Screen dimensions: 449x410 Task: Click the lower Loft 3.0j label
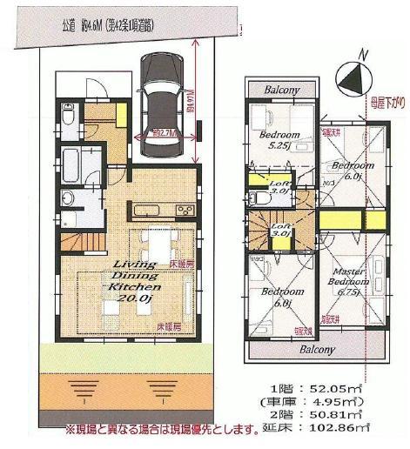(280, 230)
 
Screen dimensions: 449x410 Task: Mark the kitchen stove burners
(185, 210)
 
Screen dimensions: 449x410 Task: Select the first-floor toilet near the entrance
(70, 113)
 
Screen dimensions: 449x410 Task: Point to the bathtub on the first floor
(71, 164)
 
